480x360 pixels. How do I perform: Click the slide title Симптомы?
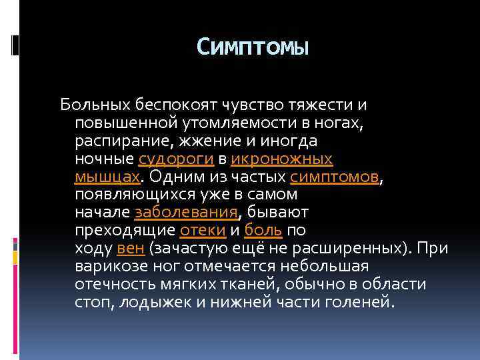253,47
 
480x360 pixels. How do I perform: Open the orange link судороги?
176,159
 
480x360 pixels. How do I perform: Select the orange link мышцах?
107,177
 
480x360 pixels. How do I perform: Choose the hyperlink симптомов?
335,177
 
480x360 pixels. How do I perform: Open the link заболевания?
186,213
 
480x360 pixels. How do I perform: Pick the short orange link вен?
130,249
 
